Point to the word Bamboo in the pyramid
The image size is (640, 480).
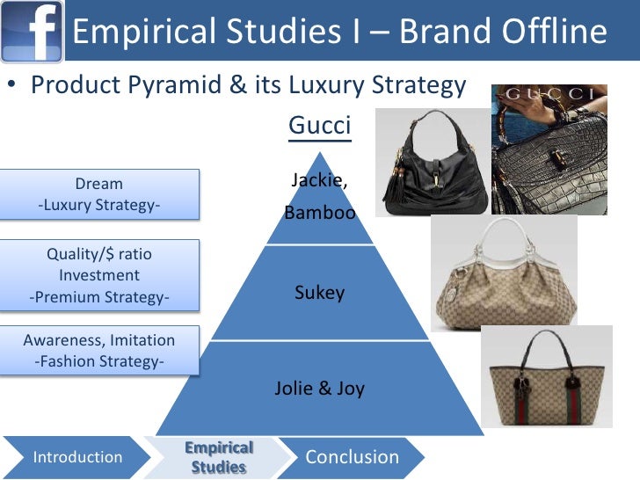(x=319, y=213)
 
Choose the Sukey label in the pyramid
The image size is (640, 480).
(x=319, y=293)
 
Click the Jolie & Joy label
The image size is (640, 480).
(x=319, y=388)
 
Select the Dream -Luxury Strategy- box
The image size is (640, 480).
(x=99, y=194)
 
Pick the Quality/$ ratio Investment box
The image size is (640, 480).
(x=99, y=275)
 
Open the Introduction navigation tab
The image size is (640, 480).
(x=77, y=457)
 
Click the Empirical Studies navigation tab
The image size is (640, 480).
(x=219, y=457)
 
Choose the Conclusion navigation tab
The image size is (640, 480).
(x=352, y=457)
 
